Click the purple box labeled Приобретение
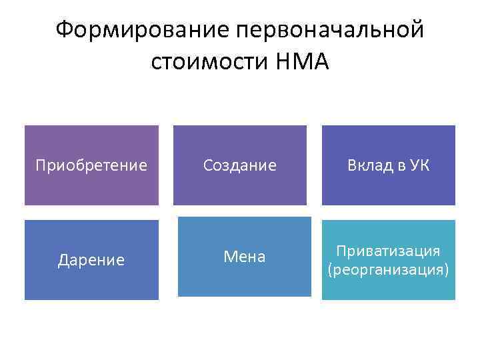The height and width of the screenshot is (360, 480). click(91, 165)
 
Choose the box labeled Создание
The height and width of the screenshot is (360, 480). click(240, 165)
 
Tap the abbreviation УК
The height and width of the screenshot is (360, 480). click(419, 165)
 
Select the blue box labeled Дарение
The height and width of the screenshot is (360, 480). click(91, 260)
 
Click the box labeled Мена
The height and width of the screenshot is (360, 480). click(244, 257)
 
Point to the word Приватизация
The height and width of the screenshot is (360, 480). click(388, 251)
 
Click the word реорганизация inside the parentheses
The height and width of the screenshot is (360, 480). click(389, 270)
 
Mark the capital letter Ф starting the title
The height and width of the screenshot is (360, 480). click(65, 30)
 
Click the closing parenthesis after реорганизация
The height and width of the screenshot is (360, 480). click(447, 271)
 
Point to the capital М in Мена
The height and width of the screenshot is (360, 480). click(229, 257)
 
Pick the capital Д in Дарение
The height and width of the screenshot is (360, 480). click(63, 260)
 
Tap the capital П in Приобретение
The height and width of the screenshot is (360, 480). click(40, 165)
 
